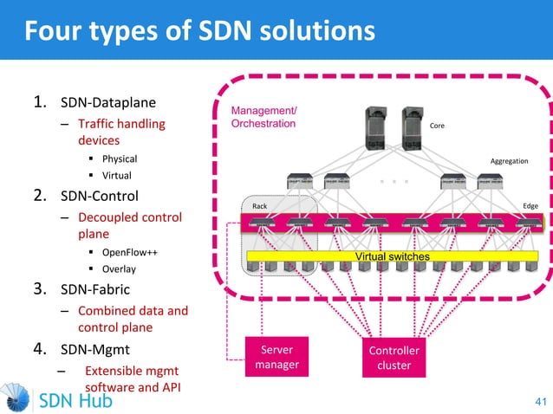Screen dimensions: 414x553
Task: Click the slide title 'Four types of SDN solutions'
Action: [199, 31]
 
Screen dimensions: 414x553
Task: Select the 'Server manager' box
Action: [276, 357]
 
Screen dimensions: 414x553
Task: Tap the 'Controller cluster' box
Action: [394, 358]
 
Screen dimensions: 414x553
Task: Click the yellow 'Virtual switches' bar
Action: [393, 257]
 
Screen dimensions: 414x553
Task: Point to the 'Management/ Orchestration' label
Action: [263, 118]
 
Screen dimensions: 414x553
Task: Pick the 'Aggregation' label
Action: [509, 160]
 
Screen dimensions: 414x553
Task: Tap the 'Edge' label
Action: [530, 206]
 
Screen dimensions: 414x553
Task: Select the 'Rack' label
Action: [259, 206]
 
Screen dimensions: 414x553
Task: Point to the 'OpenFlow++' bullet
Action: [129, 252]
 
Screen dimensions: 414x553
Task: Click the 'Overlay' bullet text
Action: [119, 268]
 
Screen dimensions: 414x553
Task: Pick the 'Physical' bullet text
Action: [120, 158]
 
